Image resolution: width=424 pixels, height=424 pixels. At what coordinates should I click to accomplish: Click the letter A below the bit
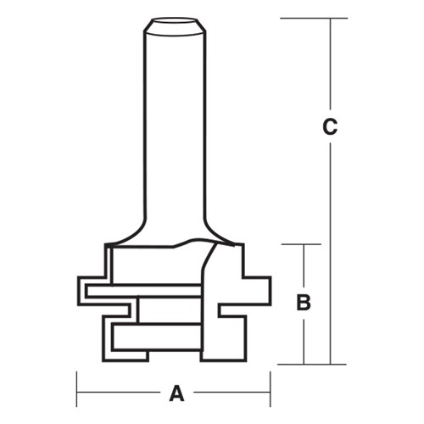coord(176,393)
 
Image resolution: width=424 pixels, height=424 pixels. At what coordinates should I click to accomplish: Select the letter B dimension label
coord(304,302)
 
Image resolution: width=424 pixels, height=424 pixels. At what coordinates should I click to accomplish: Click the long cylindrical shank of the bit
coord(175,127)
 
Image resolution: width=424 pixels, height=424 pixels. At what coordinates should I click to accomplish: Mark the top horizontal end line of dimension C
coord(314,18)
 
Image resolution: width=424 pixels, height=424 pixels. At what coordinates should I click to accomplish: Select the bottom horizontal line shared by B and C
coord(314,365)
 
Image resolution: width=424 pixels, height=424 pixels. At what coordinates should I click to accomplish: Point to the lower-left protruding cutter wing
coord(114,338)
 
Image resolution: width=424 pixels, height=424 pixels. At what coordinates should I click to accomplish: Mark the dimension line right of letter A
coord(229,393)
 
